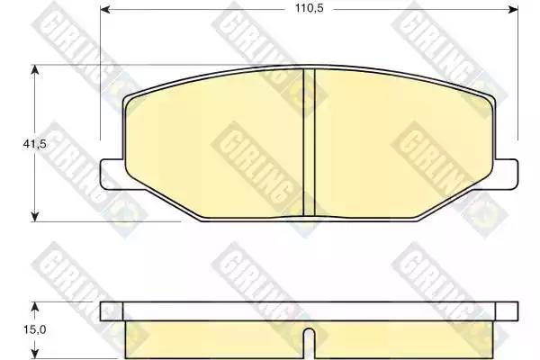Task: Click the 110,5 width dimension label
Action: click(309, 9)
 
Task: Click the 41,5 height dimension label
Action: click(34, 144)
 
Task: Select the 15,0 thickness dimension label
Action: click(35, 329)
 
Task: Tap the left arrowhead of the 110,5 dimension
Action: click(105, 9)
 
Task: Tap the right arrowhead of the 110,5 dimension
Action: click(513, 9)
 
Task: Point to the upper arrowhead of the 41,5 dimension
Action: click(34, 69)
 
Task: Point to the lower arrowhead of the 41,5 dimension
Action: click(34, 217)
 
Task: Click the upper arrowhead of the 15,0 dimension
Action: click(34, 307)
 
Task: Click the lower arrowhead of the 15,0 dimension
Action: click(34, 355)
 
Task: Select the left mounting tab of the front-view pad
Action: click(112, 174)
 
